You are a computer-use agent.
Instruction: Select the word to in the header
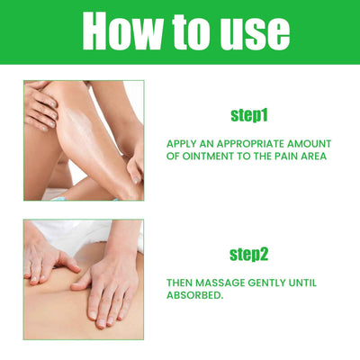click(x=190, y=32)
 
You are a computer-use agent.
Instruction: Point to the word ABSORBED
click(x=195, y=296)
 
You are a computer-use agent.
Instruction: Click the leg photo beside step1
click(x=83, y=139)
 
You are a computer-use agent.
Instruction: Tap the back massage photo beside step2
click(x=83, y=279)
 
